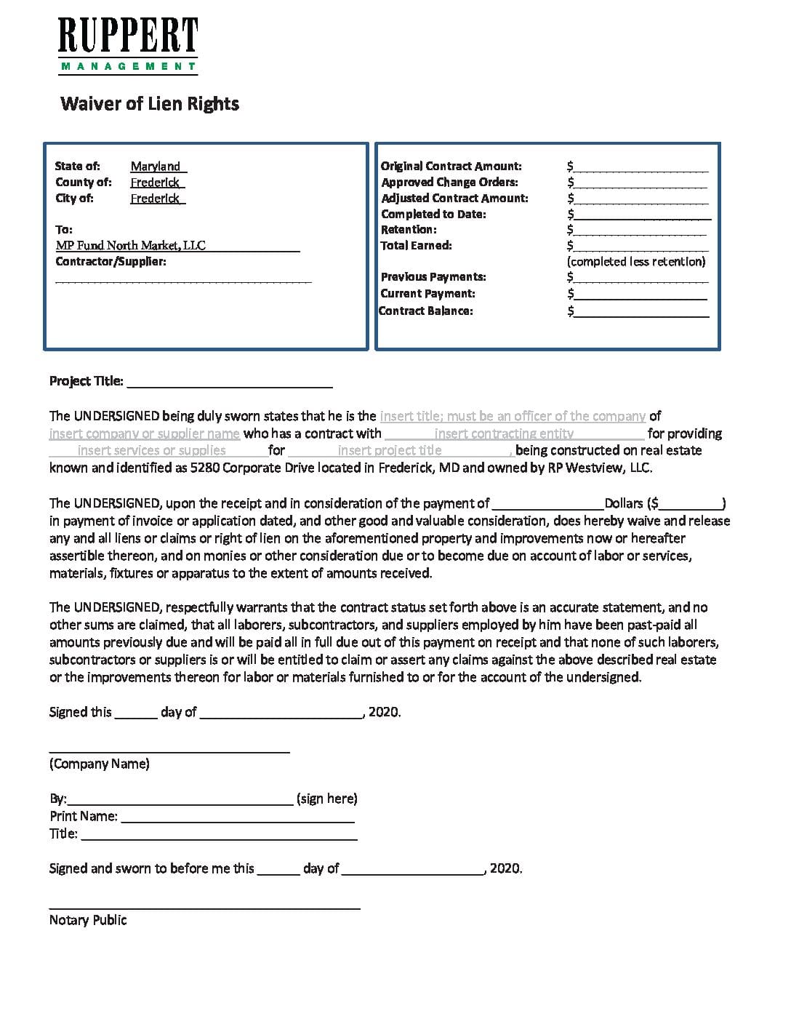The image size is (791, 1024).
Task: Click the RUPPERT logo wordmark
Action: click(128, 36)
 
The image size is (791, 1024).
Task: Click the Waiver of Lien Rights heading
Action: click(150, 104)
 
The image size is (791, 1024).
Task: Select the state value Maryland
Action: click(156, 167)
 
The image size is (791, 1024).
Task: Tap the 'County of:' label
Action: click(84, 183)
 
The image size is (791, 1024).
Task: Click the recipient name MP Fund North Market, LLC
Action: click(131, 246)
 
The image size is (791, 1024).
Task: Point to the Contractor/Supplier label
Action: click(111, 262)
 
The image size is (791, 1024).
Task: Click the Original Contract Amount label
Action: click(451, 167)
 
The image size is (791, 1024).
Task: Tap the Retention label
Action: click(409, 230)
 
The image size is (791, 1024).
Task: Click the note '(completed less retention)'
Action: click(636, 262)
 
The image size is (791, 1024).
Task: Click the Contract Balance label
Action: click(425, 311)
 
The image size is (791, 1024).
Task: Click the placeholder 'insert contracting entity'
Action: click(504, 434)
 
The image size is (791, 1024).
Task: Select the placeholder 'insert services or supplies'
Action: click(151, 451)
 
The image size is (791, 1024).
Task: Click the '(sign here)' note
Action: click(327, 799)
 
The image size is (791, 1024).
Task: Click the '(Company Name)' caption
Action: click(100, 764)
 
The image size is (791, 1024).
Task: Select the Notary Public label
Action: click(88, 921)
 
